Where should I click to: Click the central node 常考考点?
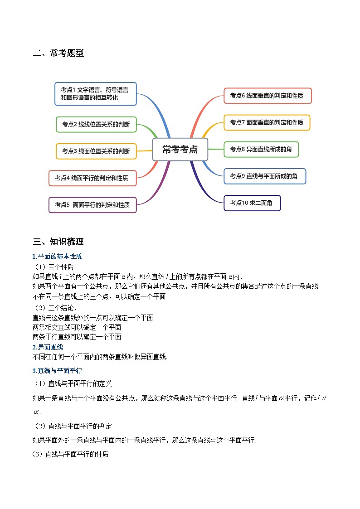(x=180, y=149)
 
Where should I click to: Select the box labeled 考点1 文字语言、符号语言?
(x=95, y=94)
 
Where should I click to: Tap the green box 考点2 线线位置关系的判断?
(x=96, y=124)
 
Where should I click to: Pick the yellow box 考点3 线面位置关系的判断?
(x=96, y=151)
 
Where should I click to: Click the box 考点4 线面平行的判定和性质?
(x=92, y=178)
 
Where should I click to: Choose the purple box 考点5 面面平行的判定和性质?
(x=92, y=204)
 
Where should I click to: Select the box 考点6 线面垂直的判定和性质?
(x=268, y=96)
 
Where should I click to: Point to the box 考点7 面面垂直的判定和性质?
(x=267, y=122)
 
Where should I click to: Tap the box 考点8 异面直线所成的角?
(x=261, y=149)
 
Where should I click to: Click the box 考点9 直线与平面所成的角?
(x=265, y=176)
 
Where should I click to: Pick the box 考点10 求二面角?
(x=252, y=203)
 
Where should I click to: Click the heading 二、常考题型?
(x=58, y=53)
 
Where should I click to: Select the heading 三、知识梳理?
(x=58, y=242)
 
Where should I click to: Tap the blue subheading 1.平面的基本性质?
(x=57, y=257)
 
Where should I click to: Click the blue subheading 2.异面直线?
(x=48, y=347)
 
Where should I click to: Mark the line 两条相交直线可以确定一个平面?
(x=77, y=327)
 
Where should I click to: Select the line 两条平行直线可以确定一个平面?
(x=77, y=337)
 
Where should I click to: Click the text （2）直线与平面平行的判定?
(x=73, y=426)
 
